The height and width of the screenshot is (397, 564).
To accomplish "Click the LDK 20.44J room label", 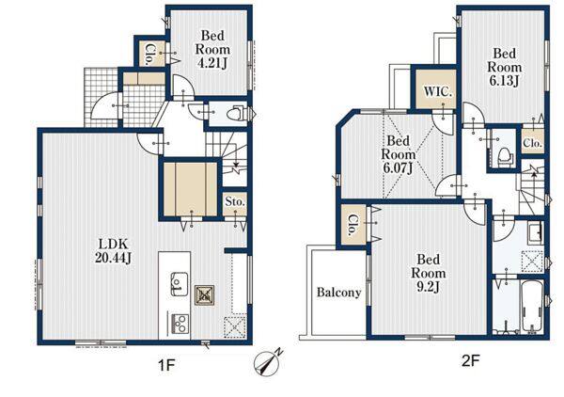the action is [113, 250].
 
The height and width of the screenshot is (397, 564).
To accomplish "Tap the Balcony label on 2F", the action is [338, 293].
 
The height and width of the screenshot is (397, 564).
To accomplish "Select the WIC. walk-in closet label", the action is [437, 91].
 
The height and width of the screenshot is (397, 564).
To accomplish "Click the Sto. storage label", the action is [235, 202].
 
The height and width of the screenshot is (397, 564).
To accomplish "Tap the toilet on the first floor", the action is [239, 113].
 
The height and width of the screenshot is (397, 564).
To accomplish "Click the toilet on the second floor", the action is [504, 156].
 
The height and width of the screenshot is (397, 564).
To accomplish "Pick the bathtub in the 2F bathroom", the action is [532, 307].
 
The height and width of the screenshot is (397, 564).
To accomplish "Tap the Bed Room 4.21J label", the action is [212, 49].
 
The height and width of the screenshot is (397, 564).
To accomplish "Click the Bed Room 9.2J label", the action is [428, 273].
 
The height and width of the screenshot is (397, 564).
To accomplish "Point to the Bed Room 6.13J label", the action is [504, 68].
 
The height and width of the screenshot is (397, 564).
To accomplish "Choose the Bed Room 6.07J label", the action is [398, 154].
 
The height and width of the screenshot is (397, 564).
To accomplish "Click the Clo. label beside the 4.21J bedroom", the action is [150, 54].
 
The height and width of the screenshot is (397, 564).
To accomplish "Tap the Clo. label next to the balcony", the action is [353, 226].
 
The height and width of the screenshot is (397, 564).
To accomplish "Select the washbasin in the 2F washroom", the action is [536, 232].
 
